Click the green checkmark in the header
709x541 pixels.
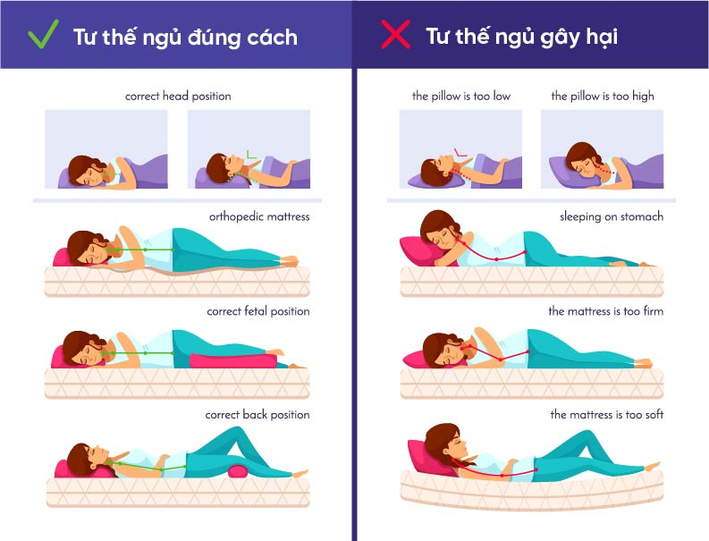pos(43,34)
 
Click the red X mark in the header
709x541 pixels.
pos(396,34)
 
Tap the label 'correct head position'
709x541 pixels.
pos(178,97)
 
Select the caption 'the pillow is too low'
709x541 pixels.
pos(461,97)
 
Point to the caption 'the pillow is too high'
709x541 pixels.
pos(603,97)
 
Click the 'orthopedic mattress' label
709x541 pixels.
pos(259,217)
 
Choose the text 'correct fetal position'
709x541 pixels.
pos(258,311)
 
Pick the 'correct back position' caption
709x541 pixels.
pos(257,414)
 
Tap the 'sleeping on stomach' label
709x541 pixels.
pos(612,216)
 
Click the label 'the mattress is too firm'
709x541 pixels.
pos(606,311)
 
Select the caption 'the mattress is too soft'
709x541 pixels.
pos(607,414)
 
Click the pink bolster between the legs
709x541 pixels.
pos(232,360)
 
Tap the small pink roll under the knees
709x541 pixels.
pos(238,471)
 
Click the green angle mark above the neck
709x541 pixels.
pos(250,155)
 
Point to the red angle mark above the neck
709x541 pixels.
pos(460,153)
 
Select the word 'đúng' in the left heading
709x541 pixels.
pos(214,37)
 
